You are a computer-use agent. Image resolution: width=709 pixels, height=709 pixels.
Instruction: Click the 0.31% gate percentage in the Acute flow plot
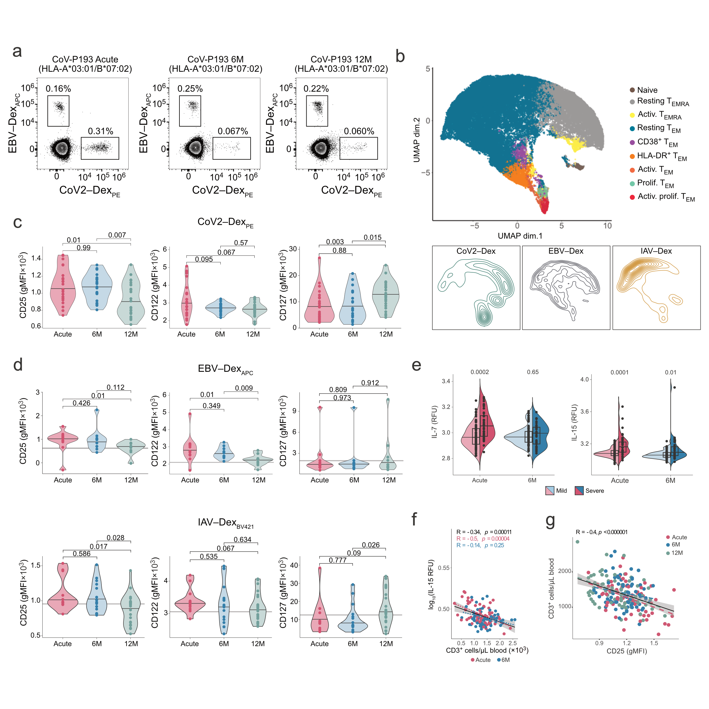tap(100, 131)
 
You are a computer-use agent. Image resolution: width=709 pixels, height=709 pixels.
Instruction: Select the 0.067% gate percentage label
tap(233, 131)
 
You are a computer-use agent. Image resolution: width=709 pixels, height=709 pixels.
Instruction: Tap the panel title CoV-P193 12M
tap(341, 59)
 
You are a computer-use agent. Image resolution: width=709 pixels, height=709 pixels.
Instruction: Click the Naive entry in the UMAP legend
tap(647, 90)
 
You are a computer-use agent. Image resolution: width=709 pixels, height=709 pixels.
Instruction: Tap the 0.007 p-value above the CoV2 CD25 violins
tap(117, 235)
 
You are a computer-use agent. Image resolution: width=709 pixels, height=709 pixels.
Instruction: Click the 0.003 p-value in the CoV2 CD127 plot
tap(335, 242)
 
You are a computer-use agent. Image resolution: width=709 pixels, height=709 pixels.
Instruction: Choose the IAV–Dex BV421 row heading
tap(225, 523)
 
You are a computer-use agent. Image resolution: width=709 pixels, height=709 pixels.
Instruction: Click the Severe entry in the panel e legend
tap(594, 491)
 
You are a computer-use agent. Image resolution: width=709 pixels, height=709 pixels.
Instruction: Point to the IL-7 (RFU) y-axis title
tap(434, 422)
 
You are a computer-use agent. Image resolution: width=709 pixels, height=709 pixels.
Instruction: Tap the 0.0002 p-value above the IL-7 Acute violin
tap(479, 372)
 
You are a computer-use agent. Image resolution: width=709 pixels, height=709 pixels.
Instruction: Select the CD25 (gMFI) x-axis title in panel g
tap(626, 651)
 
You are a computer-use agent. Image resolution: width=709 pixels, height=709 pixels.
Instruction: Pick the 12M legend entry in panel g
tap(677, 553)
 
